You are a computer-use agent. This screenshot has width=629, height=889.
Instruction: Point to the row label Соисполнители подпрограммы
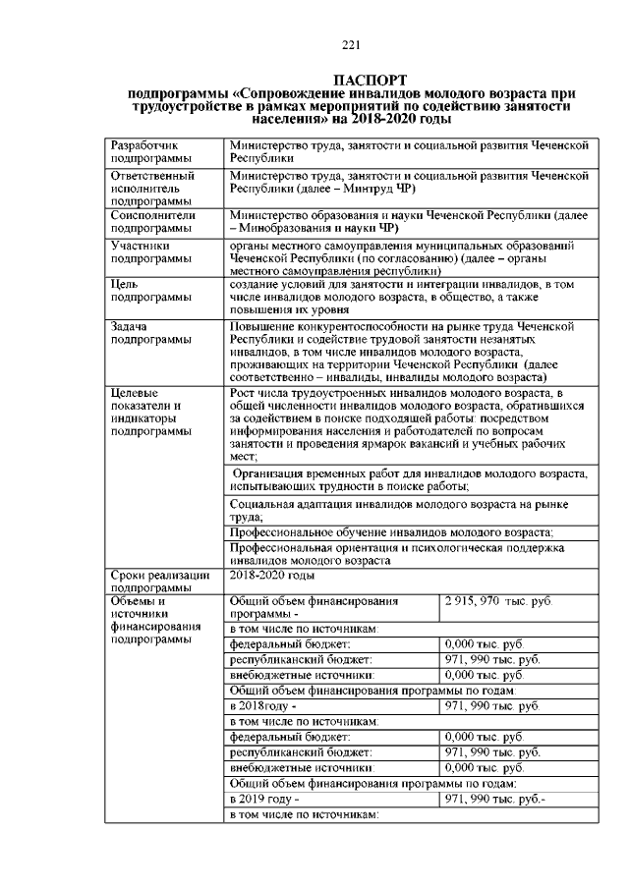tap(154, 221)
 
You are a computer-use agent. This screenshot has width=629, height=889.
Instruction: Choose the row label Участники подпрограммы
tap(151, 252)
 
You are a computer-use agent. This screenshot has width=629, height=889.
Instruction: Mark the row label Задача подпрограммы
tap(151, 333)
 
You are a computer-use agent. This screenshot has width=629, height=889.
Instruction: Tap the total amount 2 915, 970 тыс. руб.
tap(498, 600)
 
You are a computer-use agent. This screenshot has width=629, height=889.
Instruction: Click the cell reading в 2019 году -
tap(264, 800)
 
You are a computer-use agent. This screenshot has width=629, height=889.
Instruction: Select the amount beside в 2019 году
tap(495, 800)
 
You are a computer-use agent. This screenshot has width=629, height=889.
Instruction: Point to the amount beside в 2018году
tap(492, 706)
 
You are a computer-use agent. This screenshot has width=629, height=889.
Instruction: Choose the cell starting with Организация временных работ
tap(407, 480)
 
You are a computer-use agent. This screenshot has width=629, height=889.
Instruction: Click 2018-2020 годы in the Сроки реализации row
tap(272, 575)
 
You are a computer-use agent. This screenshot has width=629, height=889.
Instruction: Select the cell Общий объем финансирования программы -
tap(314, 606)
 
